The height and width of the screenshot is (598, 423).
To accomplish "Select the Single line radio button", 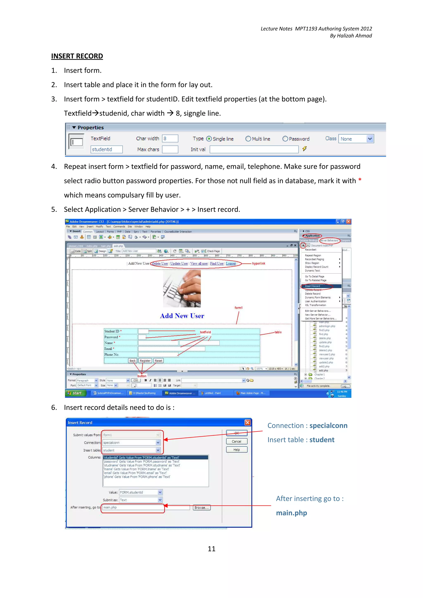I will (x=209, y=139).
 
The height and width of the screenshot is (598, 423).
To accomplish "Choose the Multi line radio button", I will (x=248, y=139).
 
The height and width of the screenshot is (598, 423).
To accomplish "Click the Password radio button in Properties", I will (x=285, y=139).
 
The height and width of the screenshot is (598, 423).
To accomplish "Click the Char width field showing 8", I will (x=170, y=138).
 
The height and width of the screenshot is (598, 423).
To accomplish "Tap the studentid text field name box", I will (x=106, y=149).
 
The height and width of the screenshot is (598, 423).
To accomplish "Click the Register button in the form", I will (x=145, y=361).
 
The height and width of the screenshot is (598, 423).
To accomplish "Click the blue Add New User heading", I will (x=182, y=316).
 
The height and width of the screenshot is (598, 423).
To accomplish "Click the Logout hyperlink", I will (x=231, y=264).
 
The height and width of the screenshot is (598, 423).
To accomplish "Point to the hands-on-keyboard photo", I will (x=182, y=289).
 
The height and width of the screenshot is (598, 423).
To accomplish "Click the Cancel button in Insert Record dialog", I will (x=236, y=441).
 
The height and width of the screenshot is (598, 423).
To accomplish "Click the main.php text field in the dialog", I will (x=133, y=507).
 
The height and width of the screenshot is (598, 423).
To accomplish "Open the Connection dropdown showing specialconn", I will (x=131, y=442).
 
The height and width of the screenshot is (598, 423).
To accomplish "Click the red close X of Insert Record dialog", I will (x=247, y=422).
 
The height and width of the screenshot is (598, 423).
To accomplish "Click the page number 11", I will (x=211, y=549).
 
